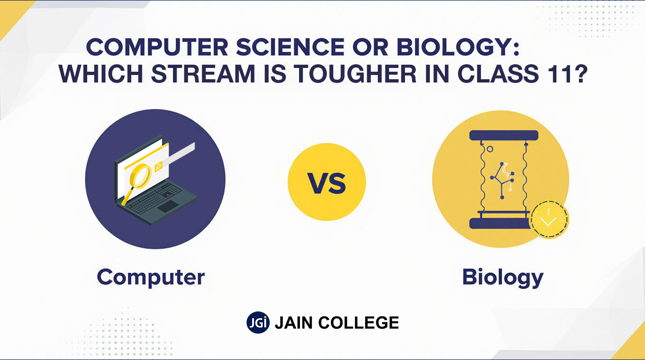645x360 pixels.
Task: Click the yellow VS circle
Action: point(327,182)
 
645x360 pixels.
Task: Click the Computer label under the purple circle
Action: point(150,277)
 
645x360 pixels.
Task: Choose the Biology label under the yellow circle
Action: point(502,277)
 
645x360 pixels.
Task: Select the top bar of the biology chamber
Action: point(503,135)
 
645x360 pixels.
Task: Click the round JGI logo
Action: point(258,322)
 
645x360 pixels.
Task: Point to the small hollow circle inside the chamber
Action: point(490,149)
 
